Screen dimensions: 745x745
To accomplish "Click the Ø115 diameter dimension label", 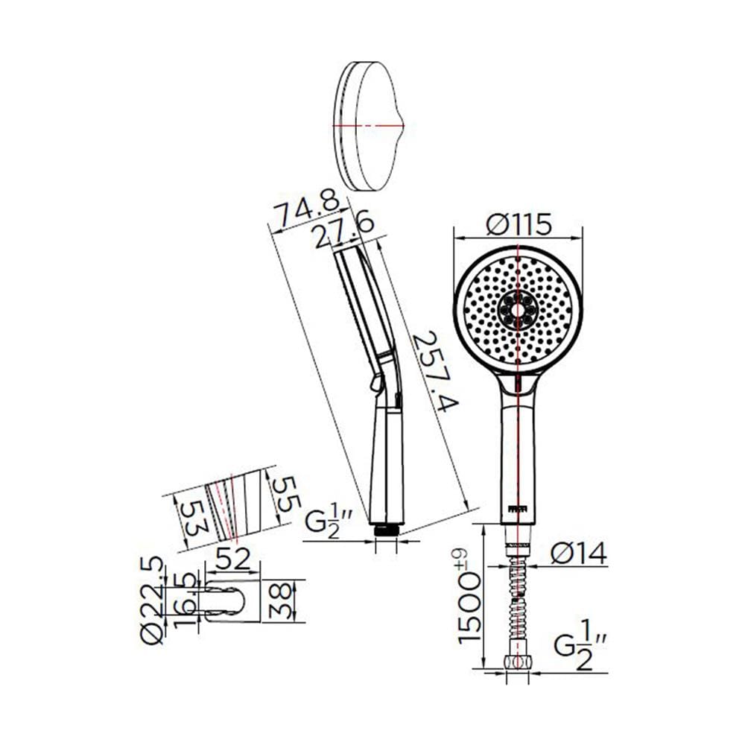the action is (x=518, y=224).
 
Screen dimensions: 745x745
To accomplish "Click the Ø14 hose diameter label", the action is (x=579, y=553).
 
